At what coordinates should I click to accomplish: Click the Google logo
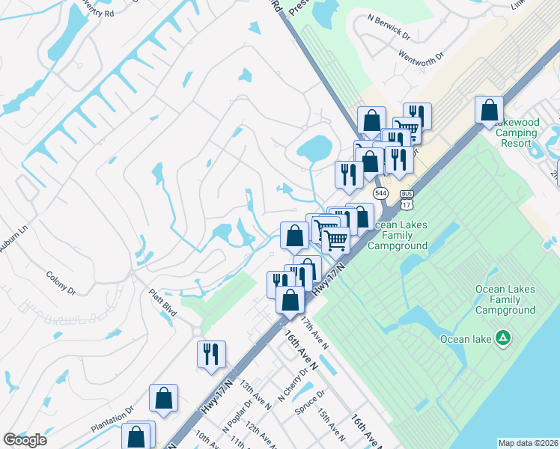click(25, 440)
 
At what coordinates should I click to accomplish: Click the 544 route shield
click(381, 193)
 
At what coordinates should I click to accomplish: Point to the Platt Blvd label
click(162, 303)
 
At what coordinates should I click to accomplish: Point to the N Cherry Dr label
click(293, 384)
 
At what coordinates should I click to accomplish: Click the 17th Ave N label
click(314, 332)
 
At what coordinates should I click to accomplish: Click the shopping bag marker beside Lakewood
click(489, 110)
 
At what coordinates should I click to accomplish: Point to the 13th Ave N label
click(255, 397)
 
